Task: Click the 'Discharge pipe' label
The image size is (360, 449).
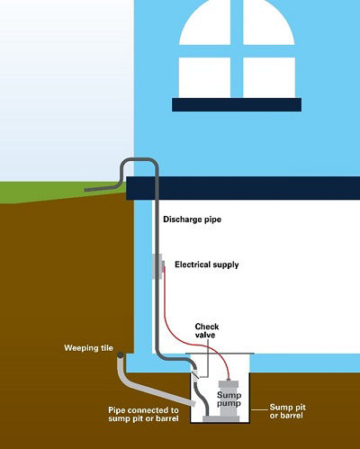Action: click(x=192, y=220)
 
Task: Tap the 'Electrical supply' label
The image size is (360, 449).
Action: click(x=207, y=265)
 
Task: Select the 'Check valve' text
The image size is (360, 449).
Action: click(x=207, y=330)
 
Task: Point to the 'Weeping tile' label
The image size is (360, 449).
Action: click(x=88, y=348)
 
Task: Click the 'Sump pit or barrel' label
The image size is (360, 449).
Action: click(x=287, y=411)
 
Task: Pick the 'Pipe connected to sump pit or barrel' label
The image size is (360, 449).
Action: click(x=143, y=414)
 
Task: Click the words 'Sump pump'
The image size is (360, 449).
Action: click(x=229, y=399)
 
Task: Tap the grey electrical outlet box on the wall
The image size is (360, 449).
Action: click(x=157, y=266)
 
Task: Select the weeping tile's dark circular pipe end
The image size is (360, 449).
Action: click(x=120, y=355)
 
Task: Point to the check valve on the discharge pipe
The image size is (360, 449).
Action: click(x=195, y=374)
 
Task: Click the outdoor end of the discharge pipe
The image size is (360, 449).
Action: click(x=85, y=190)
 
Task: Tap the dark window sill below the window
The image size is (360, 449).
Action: click(x=237, y=104)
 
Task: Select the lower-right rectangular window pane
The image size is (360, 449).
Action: click(x=269, y=77)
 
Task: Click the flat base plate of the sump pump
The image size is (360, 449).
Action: click(x=221, y=418)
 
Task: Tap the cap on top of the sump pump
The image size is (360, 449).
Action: click(x=229, y=384)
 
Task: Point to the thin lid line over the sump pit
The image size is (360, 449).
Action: click(x=220, y=354)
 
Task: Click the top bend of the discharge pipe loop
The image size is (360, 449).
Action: click(x=139, y=160)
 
